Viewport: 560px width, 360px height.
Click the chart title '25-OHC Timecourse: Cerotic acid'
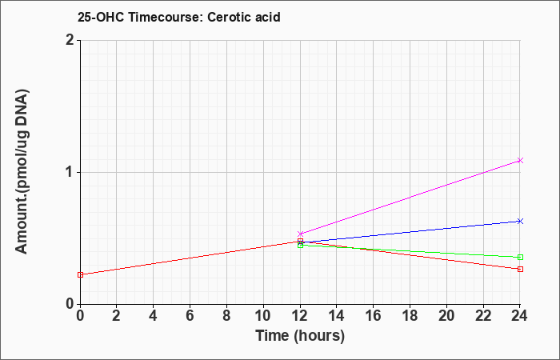[179, 17]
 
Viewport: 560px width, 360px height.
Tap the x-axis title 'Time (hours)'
[300, 336]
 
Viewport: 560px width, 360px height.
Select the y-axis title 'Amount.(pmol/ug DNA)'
[22, 172]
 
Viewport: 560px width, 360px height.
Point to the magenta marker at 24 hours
[520, 160]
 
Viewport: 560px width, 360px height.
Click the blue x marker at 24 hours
[520, 221]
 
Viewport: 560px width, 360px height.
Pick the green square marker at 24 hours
[520, 257]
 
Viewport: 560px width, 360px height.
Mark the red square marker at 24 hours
[520, 269]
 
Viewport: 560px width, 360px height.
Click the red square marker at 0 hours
[80, 274]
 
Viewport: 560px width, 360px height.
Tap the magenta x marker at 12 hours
[300, 234]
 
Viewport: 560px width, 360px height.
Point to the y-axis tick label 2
[70, 40]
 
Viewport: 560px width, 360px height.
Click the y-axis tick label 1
[70, 172]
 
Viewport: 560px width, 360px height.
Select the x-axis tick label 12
[300, 316]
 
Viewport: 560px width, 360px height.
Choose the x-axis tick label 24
[520, 316]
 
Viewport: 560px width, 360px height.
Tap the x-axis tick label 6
[190, 316]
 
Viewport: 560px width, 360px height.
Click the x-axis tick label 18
[410, 316]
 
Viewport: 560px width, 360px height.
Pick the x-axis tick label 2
[117, 316]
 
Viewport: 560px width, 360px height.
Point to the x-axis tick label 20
[446, 316]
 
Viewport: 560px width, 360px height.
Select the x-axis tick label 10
[263, 316]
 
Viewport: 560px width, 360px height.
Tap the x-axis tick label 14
[337, 316]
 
